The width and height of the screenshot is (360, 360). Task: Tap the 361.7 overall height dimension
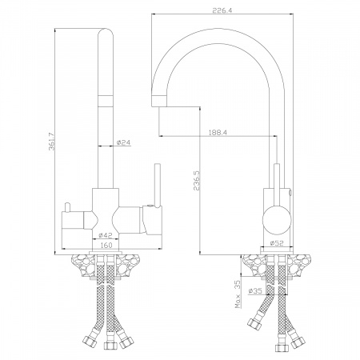click(x=51, y=142)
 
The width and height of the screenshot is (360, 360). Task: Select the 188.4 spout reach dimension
click(x=217, y=133)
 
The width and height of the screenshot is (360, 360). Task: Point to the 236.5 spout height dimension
click(x=198, y=181)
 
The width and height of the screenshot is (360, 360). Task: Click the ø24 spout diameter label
click(x=123, y=143)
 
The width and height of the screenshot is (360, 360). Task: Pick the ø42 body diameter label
click(x=106, y=235)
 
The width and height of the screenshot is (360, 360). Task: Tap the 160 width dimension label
click(x=106, y=245)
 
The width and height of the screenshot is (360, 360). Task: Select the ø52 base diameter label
click(x=277, y=243)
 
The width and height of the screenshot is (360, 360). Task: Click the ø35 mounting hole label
click(x=255, y=291)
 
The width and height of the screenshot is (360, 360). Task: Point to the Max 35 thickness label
click(x=238, y=294)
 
